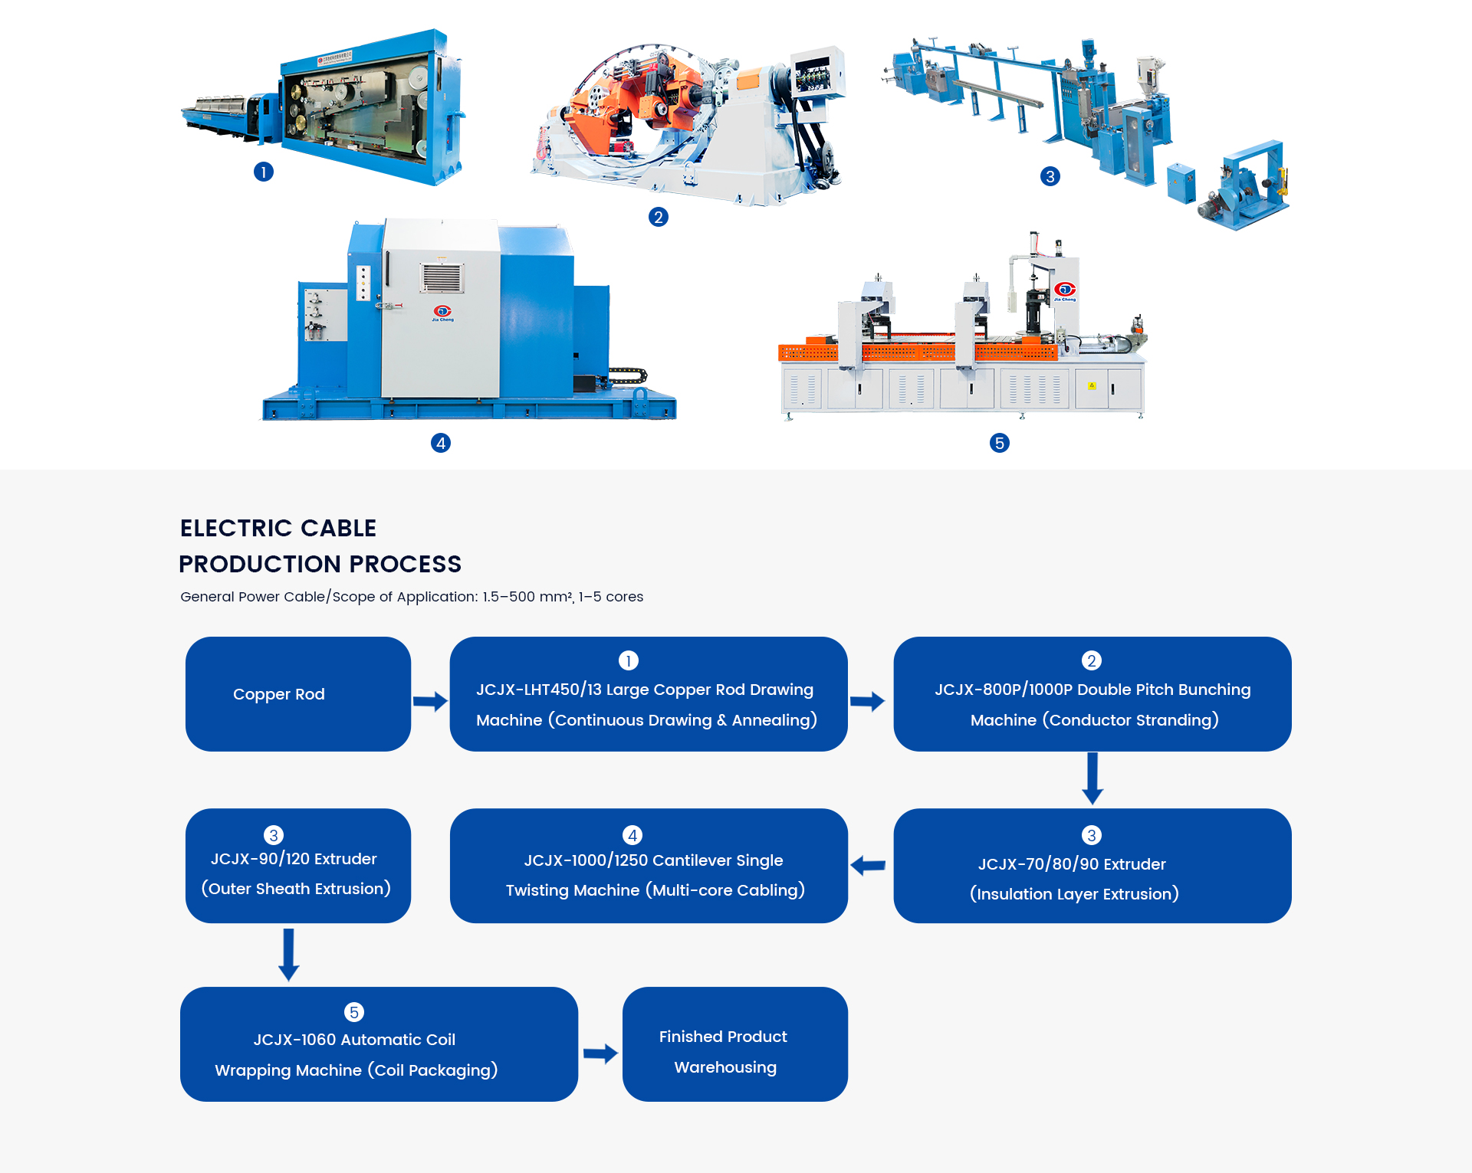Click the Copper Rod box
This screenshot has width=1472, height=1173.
tap(298, 694)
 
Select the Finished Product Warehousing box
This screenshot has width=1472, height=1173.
tap(735, 1044)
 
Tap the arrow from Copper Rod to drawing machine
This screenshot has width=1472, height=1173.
tap(430, 701)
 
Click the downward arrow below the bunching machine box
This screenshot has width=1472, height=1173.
tap(1092, 778)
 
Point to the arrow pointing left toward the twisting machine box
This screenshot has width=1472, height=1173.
tap(868, 866)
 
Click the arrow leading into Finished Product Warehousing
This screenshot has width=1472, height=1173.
tap(600, 1053)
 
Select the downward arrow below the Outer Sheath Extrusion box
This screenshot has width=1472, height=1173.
tap(288, 955)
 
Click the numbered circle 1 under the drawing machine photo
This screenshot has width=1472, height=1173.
tap(264, 172)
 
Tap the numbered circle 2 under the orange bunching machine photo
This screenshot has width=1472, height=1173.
tap(658, 217)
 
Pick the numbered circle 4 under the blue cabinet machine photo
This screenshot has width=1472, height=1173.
tap(441, 443)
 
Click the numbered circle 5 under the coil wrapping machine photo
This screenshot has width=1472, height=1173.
tap(1000, 443)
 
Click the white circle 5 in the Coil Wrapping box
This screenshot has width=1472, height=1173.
tap(353, 1012)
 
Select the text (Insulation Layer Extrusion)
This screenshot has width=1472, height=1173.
tap(1074, 894)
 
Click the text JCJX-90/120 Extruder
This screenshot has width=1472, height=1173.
tap(294, 859)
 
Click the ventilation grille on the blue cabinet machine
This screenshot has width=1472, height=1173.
tap(442, 277)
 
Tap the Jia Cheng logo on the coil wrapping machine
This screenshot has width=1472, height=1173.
tap(1065, 290)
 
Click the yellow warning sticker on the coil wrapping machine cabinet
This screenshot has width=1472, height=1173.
tap(1092, 385)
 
